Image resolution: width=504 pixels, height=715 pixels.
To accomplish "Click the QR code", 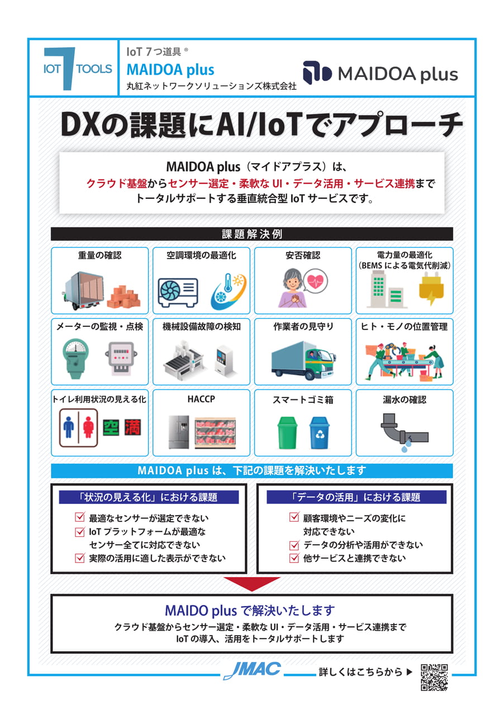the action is (434, 677).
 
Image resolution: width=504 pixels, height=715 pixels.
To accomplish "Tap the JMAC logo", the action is (252, 670).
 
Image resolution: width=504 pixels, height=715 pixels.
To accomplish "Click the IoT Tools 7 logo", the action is (78, 68).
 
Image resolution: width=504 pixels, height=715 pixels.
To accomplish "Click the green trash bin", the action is (287, 432).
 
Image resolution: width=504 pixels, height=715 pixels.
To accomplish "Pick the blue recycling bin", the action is (320, 432).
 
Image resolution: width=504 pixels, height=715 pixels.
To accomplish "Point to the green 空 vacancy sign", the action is (111, 427).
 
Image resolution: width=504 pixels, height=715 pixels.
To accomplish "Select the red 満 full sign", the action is (132, 427).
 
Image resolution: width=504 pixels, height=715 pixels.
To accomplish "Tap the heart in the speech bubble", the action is (315, 282).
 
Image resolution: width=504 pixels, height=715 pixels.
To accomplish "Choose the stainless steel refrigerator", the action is (179, 432).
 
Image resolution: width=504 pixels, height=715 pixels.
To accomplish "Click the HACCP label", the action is (201, 399).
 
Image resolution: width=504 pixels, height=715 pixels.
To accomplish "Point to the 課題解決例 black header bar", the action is (251, 234).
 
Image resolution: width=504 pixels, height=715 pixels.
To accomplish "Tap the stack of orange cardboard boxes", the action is (123, 296).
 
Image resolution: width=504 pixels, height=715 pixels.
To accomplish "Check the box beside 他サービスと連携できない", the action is (294, 557).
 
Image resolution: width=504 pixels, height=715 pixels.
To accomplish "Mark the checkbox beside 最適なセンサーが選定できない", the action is (79, 517).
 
